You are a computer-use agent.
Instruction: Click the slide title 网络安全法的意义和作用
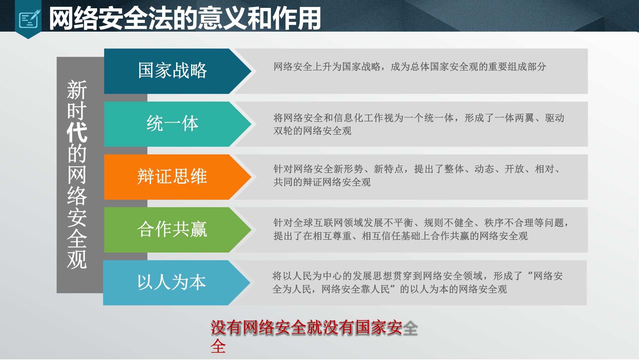pyautogui.click(x=185, y=19)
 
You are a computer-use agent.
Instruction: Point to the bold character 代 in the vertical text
pyautogui.click(x=77, y=132)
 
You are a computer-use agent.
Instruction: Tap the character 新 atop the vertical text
pyautogui.click(x=77, y=90)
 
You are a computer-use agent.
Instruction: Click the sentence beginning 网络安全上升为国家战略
pyautogui.click(x=410, y=67)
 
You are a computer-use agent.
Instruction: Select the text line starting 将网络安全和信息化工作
pyautogui.click(x=419, y=118)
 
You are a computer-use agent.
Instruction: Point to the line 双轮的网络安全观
pyautogui.click(x=312, y=131)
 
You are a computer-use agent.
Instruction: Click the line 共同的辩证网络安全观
pyautogui.click(x=322, y=182)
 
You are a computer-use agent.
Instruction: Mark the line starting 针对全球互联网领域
pyautogui.click(x=421, y=223)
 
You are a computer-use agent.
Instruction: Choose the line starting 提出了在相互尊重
pyautogui.click(x=400, y=236)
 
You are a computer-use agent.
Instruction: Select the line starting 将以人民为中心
pyautogui.click(x=417, y=276)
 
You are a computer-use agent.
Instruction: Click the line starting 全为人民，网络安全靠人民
pyautogui.click(x=389, y=289)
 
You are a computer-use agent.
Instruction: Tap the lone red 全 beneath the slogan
pyautogui.click(x=218, y=347)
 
